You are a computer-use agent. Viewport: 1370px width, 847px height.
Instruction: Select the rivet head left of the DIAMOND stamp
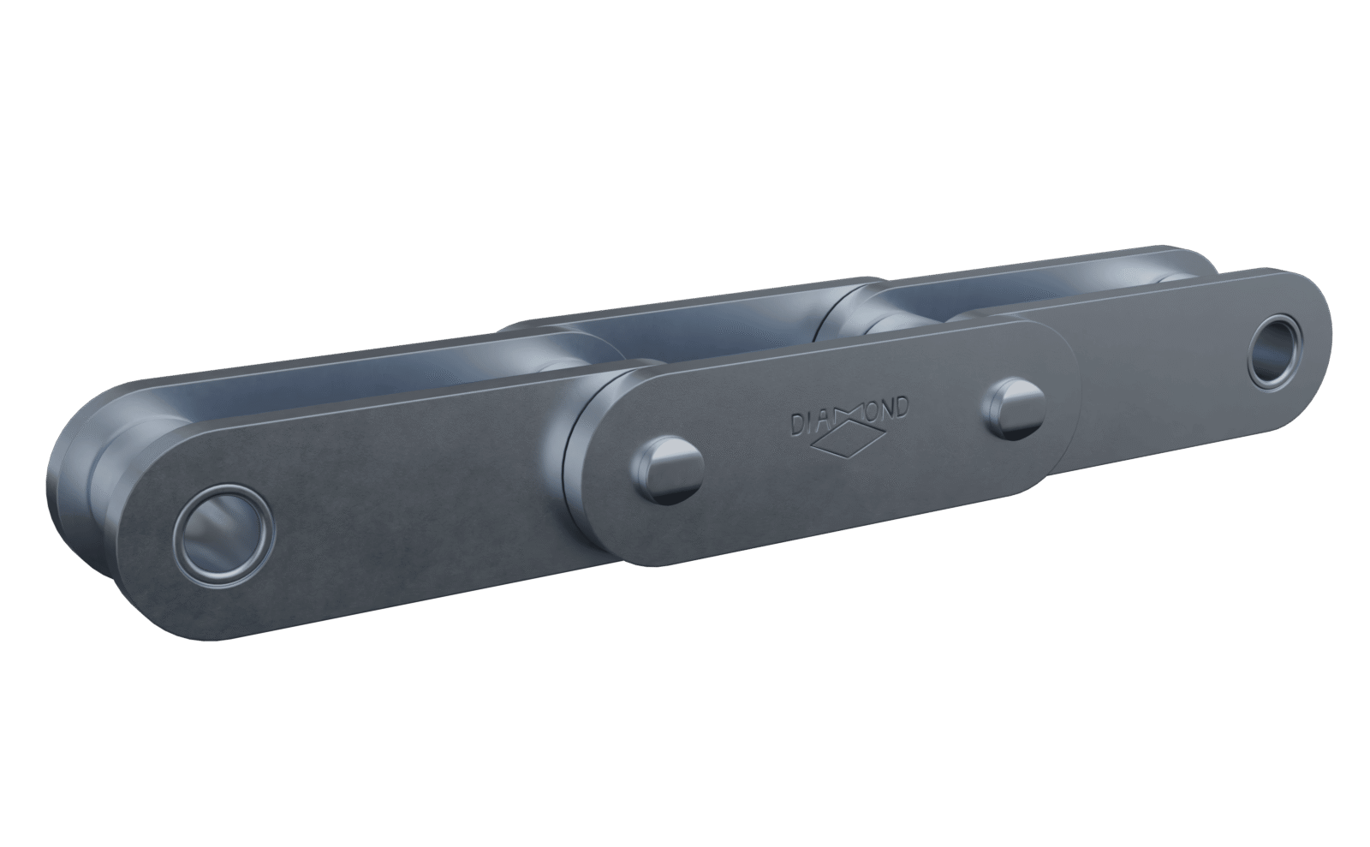pos(666,469)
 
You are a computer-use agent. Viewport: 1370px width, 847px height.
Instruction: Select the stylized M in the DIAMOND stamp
pos(844,415)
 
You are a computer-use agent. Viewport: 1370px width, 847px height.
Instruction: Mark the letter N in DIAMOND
pos(880,408)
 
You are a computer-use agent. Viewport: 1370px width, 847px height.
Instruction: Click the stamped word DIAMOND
pos(848,415)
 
